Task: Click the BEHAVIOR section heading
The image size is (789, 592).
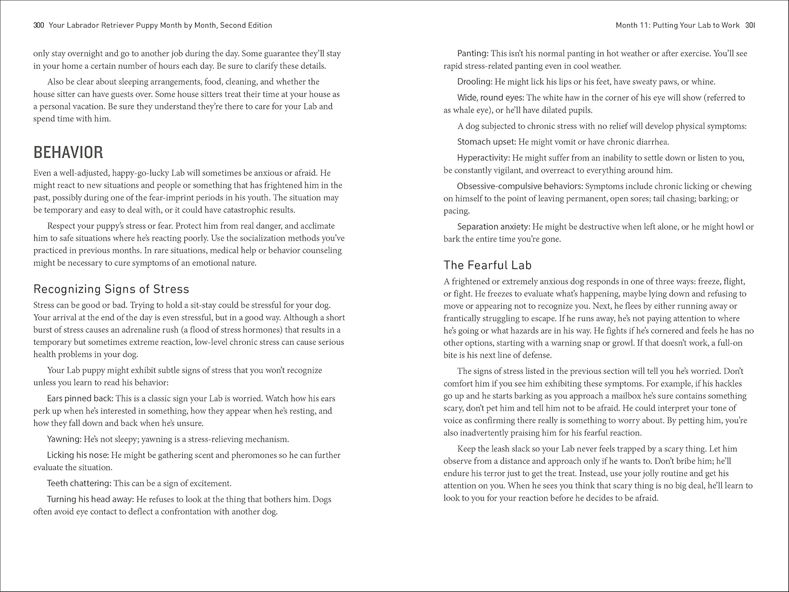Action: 68,152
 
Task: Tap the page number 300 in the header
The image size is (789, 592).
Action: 38,25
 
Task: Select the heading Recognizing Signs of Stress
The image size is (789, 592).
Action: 111,289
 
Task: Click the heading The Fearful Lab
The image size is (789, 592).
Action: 488,265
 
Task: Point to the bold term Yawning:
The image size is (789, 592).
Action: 64,439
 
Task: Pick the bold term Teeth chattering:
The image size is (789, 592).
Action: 79,483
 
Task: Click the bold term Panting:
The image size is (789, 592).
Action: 473,53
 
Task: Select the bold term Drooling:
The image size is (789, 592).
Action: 475,81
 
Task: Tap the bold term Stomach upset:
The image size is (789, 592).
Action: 487,141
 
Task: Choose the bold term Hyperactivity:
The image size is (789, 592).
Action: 483,158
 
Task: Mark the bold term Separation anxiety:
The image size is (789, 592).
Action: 493,227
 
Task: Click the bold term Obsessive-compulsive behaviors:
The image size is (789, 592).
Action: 520,186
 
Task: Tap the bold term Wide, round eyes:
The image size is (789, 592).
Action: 490,97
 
